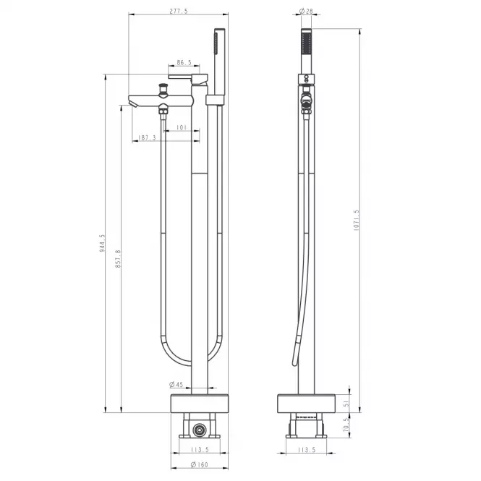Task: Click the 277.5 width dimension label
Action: pos(178,12)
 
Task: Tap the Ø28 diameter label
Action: pos(306,12)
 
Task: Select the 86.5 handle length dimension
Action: pos(184,63)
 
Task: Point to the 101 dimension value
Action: pos(182,127)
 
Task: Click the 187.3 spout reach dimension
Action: pos(147,137)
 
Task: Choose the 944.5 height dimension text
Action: pos(102,243)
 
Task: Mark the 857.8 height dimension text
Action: pos(118,259)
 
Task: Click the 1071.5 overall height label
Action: pos(356,221)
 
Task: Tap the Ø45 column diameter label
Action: pos(176,384)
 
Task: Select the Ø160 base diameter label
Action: pos(200,465)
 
